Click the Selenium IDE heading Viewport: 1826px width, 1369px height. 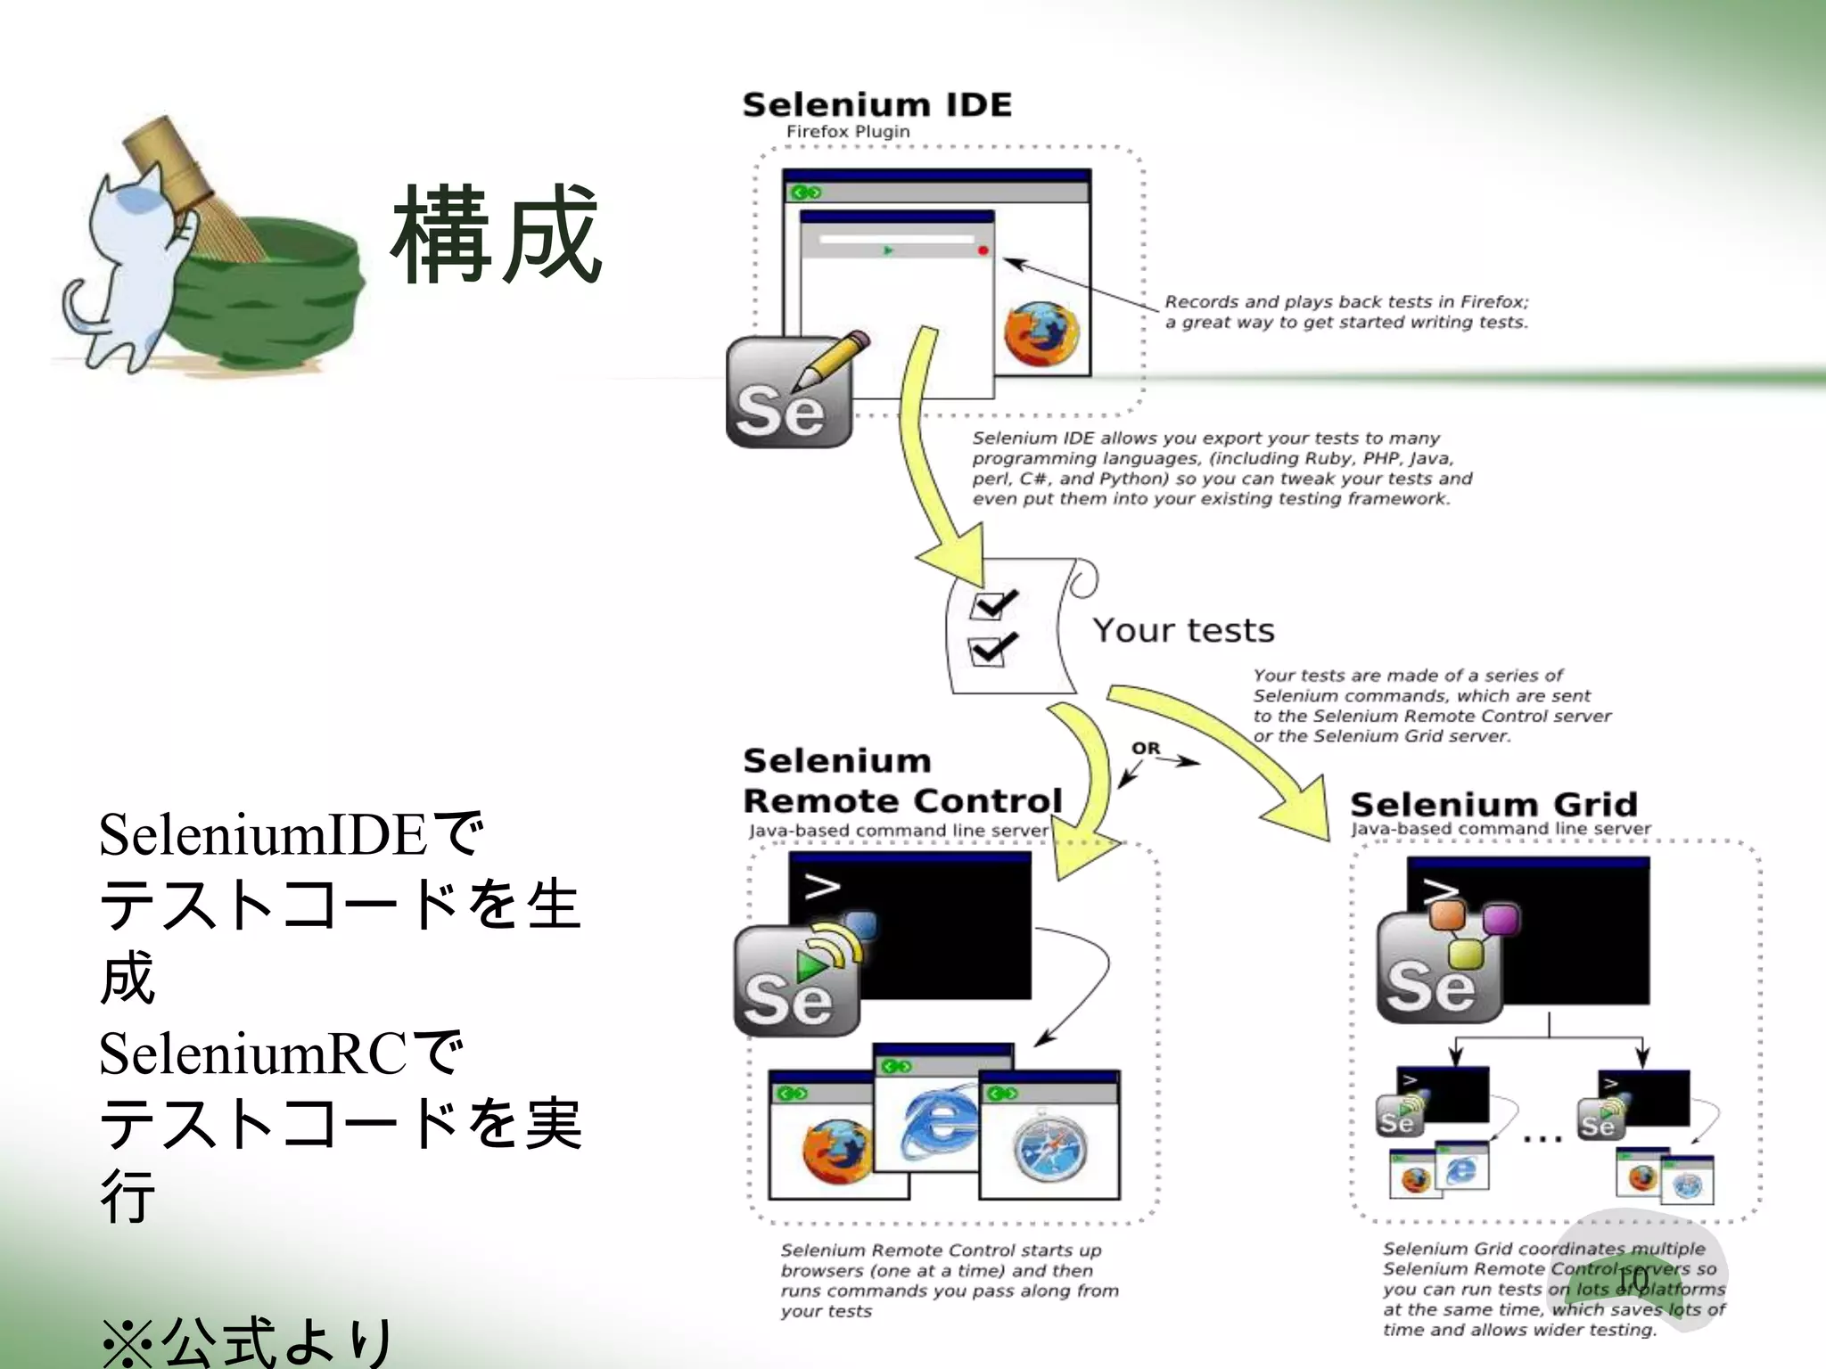point(876,105)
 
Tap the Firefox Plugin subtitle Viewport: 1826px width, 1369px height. point(847,132)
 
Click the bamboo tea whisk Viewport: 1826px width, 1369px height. point(192,192)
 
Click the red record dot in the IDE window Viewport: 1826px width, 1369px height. point(983,251)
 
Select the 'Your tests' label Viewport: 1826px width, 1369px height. point(1183,631)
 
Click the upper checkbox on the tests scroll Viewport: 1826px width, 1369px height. point(991,606)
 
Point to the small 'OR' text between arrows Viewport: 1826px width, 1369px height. point(1146,749)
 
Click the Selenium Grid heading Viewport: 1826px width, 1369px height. point(1493,805)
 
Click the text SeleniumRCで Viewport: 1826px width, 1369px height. point(281,1054)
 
